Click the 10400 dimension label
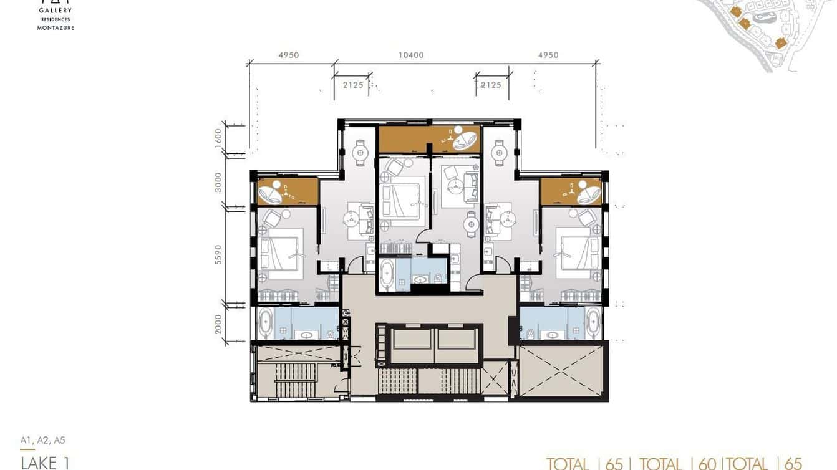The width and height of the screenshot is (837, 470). pyautogui.click(x=411, y=55)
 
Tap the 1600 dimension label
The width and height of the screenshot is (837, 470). pyautogui.click(x=218, y=137)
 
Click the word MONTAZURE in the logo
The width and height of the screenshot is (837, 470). pyautogui.click(x=56, y=28)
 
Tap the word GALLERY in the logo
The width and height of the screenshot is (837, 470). pyautogui.click(x=56, y=11)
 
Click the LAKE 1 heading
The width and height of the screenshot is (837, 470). pyautogui.click(x=45, y=463)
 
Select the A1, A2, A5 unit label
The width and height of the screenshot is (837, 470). pyautogui.click(x=42, y=440)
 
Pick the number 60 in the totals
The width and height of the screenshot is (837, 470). pyautogui.click(x=707, y=463)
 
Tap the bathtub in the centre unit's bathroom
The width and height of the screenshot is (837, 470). pyautogui.click(x=387, y=275)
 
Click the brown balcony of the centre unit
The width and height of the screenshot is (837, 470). pyautogui.click(x=429, y=139)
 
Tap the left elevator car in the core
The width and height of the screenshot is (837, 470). pyautogui.click(x=410, y=339)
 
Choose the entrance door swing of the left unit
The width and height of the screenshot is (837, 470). pyautogui.click(x=354, y=264)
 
